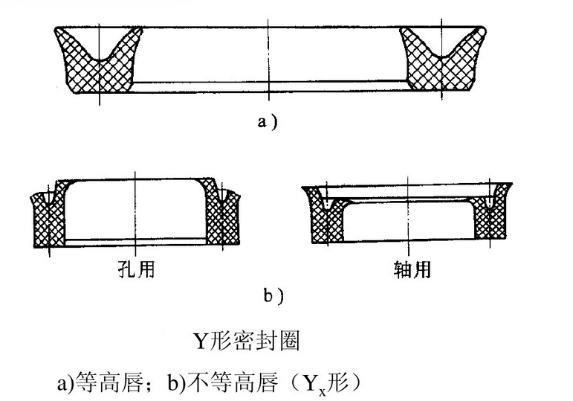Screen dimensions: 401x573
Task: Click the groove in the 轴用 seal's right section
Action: [492, 202]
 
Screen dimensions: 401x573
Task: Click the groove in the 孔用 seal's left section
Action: [48, 199]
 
